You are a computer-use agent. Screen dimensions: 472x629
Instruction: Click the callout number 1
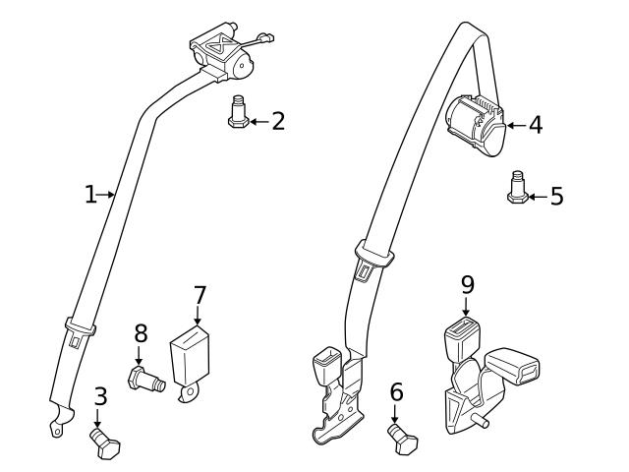90,195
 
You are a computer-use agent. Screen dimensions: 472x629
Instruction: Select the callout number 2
278,122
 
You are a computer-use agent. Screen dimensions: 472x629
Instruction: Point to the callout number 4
535,125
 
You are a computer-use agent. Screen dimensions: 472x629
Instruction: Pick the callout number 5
556,196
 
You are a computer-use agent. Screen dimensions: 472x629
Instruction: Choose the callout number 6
396,393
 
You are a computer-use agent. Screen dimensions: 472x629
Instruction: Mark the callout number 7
200,294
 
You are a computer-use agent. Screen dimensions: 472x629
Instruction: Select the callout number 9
467,284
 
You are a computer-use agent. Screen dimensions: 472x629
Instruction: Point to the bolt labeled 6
402,438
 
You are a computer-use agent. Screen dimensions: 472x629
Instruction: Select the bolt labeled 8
143,378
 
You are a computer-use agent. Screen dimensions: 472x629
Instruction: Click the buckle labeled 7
193,360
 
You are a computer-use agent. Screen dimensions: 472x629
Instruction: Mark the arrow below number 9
467,307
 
